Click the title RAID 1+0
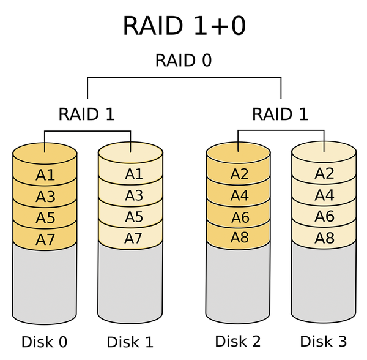tap(184, 26)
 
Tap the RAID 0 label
tap(183, 61)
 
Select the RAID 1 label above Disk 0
tap(87, 114)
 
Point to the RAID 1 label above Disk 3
tap(280, 114)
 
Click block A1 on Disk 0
tap(45, 174)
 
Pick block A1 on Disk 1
tap(131, 174)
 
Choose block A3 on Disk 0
tap(45, 197)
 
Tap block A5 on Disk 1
tap(131, 217)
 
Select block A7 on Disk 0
tap(45, 239)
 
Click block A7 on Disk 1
tap(131, 238)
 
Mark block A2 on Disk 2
tap(239, 174)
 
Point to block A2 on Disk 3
tap(324, 173)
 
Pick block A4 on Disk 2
tap(239, 195)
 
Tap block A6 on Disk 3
tap(324, 216)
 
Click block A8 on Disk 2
tap(239, 238)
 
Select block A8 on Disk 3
tap(324, 238)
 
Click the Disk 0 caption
tap(45, 342)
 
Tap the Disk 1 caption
tap(130, 342)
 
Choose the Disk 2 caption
tap(238, 341)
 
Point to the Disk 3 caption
tap(324, 341)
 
